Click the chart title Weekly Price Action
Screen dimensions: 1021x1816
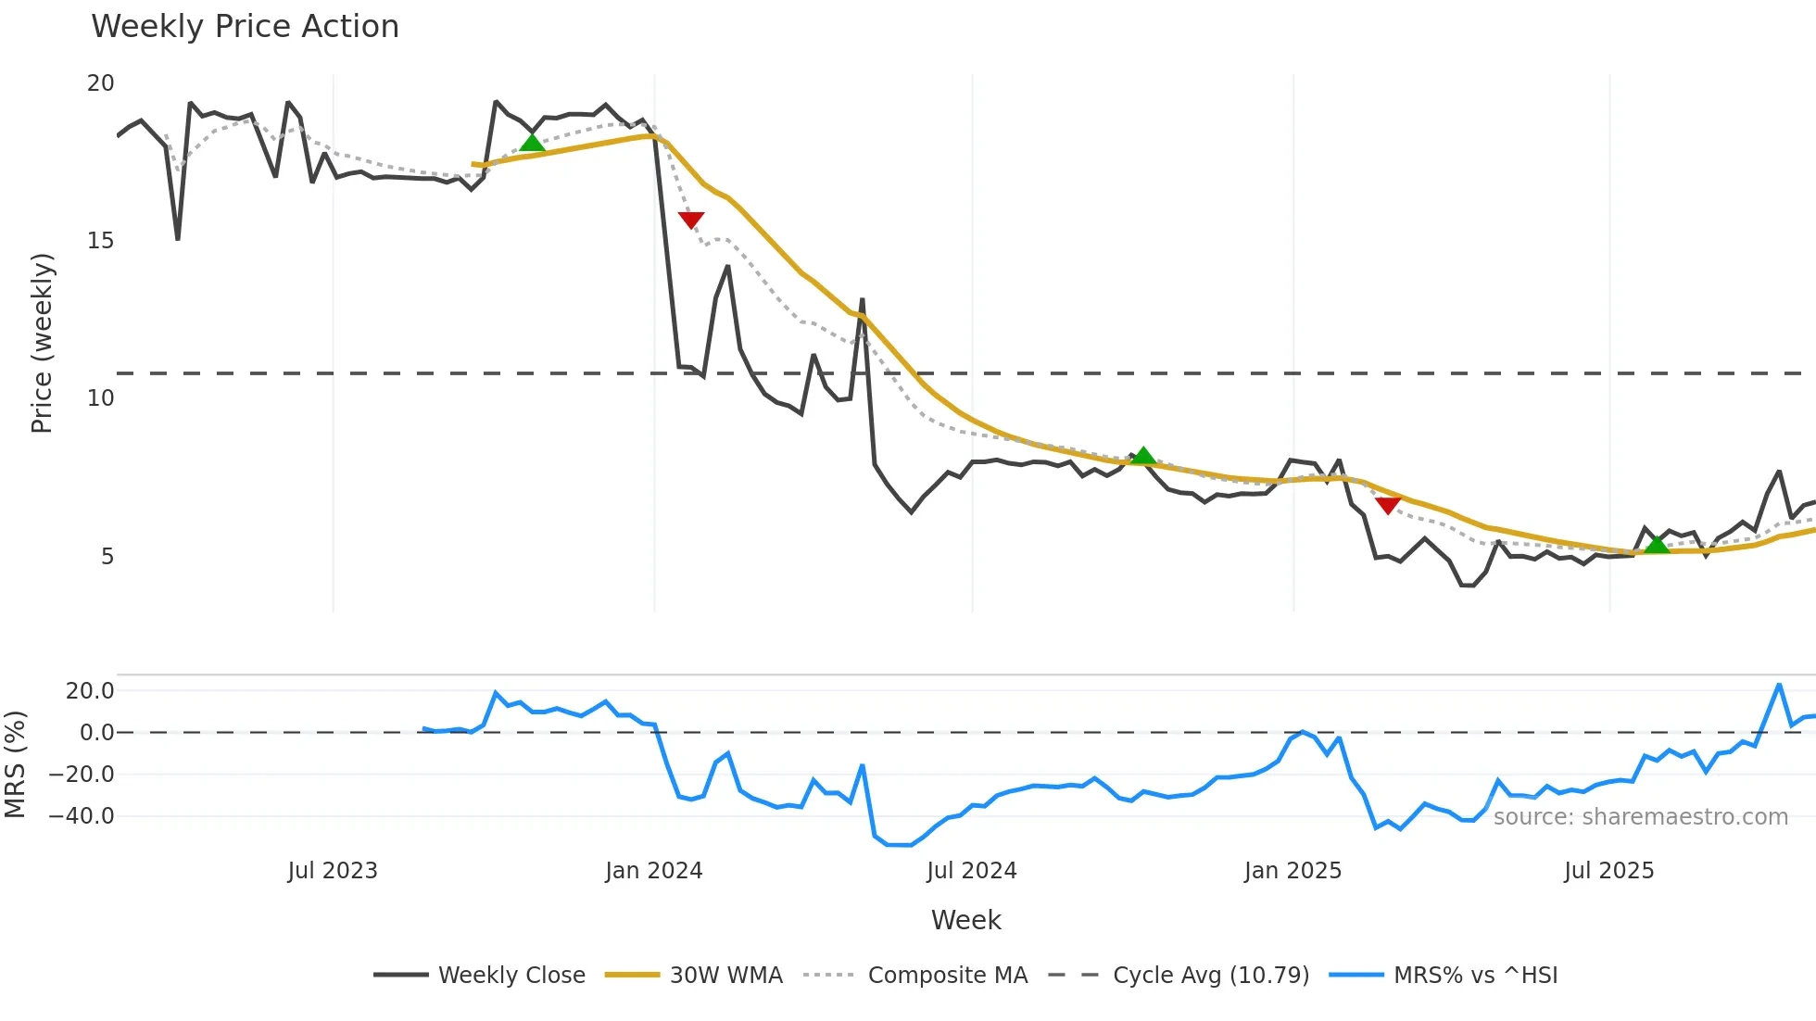[245, 27]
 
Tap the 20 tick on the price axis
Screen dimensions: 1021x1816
[100, 83]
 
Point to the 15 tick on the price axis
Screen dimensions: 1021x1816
[100, 241]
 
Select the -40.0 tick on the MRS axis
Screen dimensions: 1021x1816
[82, 816]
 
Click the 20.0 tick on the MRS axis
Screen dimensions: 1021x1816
[90, 690]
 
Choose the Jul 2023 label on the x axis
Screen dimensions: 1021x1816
[333, 871]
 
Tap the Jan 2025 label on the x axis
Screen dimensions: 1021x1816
[1293, 871]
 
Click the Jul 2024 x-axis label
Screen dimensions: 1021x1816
[971, 871]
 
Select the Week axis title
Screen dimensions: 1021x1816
[965, 920]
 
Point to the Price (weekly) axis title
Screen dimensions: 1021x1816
[42, 343]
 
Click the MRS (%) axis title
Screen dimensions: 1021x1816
[16, 764]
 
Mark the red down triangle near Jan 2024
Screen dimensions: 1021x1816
[691, 220]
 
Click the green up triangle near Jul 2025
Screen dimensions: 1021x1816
[1657, 545]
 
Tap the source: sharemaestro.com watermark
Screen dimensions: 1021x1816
[1640, 817]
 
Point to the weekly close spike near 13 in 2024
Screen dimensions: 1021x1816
[862, 300]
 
